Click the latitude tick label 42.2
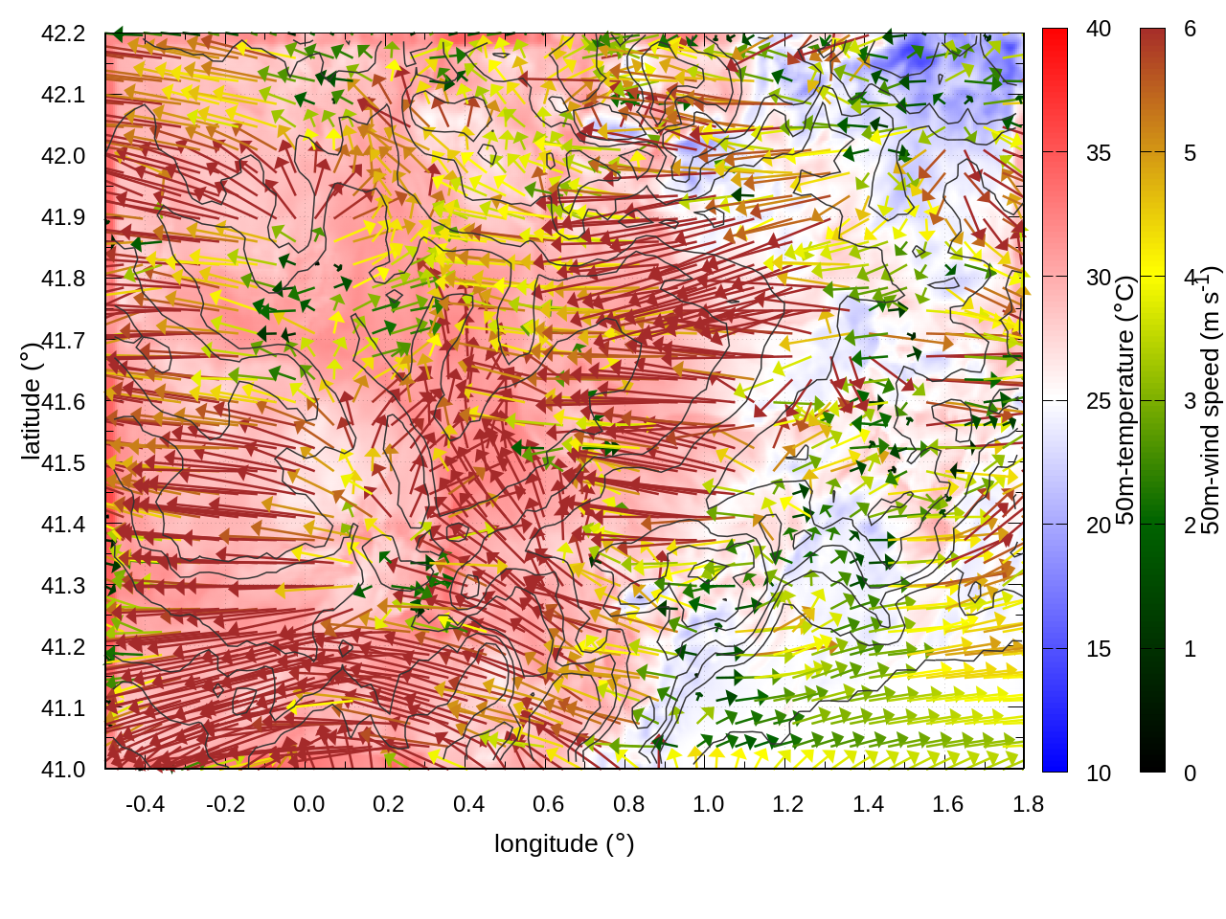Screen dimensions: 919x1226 click(63, 34)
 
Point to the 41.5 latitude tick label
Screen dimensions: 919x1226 click(63, 463)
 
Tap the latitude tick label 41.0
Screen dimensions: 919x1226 click(63, 770)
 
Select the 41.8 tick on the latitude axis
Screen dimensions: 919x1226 click(63, 279)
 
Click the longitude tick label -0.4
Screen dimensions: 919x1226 click(146, 804)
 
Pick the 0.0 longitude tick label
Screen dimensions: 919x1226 click(308, 804)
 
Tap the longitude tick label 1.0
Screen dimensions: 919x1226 click(708, 804)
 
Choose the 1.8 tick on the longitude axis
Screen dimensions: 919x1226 click(1028, 804)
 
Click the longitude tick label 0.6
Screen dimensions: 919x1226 click(548, 804)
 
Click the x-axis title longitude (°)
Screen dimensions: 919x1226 click(564, 843)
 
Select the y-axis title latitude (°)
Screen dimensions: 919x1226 click(31, 401)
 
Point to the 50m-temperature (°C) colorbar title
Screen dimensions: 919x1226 click(1125, 400)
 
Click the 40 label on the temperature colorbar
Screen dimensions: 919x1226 click(1099, 29)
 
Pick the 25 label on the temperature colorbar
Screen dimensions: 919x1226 click(1099, 401)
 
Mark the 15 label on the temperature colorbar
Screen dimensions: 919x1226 click(1099, 649)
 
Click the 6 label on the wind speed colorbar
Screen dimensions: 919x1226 click(1190, 29)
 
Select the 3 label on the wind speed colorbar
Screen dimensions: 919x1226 click(1190, 401)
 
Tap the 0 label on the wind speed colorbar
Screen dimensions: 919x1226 click(1190, 773)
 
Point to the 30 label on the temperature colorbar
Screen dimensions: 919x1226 click(1099, 277)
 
